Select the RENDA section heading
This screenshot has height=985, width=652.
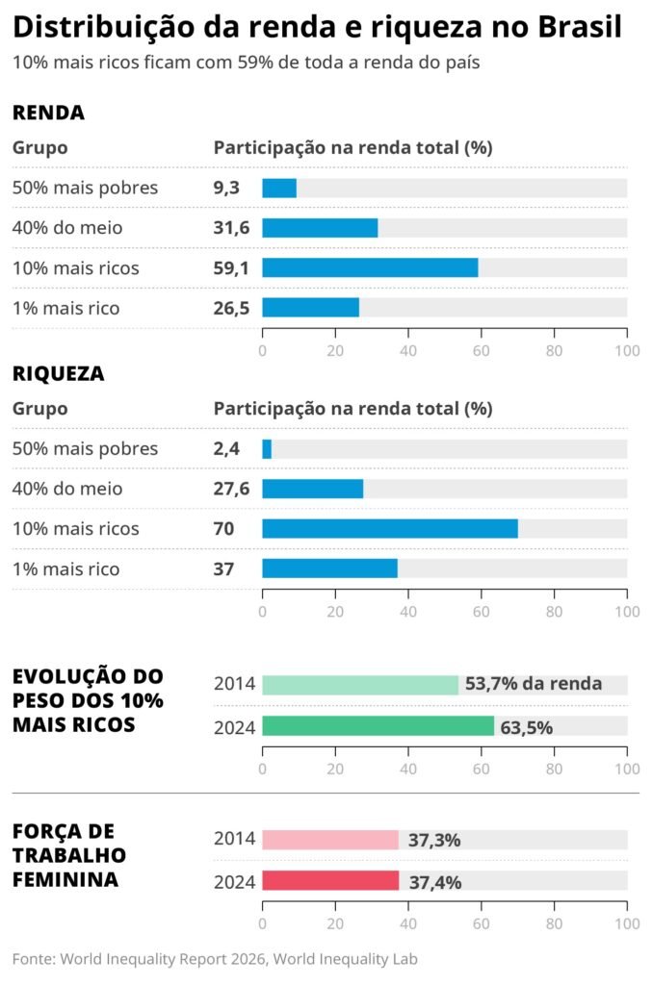click(48, 113)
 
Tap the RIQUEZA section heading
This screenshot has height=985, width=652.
click(58, 373)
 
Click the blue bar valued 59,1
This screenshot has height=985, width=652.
click(370, 267)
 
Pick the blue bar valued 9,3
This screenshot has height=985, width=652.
click(279, 188)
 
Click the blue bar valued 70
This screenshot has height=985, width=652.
click(390, 528)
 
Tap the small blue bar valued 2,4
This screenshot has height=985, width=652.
click(267, 449)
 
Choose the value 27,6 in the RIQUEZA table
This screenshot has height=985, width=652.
click(231, 489)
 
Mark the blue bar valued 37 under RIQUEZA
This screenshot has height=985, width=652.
click(329, 568)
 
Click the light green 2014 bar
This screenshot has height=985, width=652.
click(360, 685)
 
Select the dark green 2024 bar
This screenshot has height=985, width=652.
click(378, 726)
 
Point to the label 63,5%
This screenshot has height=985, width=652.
click(526, 727)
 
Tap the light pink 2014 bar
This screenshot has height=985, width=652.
click(330, 840)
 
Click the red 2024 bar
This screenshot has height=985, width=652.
click(330, 881)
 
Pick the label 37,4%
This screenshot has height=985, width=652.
click(433, 882)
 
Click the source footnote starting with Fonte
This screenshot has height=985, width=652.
click(215, 959)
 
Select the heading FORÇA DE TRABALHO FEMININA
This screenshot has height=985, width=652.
click(68, 855)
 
